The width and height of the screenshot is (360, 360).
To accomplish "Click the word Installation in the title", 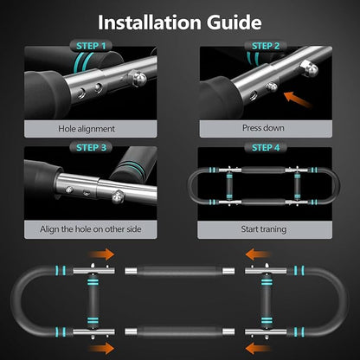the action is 150,22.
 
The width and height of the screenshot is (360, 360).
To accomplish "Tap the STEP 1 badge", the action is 91,46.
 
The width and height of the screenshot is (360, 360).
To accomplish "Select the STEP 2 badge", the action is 266,46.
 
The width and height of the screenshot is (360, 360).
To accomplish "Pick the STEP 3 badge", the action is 91,147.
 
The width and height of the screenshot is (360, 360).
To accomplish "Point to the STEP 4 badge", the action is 266,147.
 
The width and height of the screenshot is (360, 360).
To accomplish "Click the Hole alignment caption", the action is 87,129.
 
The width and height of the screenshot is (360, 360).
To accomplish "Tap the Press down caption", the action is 263,128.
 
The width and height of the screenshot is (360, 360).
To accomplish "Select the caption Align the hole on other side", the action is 91,229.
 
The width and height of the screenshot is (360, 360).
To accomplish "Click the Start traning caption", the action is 264,229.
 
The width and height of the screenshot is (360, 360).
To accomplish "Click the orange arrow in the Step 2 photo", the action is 297,100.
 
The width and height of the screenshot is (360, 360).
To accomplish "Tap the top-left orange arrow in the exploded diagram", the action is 101,254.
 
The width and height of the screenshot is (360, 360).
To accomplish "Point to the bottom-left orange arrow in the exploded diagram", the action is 101,348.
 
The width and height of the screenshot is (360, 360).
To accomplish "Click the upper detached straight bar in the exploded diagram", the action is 179,271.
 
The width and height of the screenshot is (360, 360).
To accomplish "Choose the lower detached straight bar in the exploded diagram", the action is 179,331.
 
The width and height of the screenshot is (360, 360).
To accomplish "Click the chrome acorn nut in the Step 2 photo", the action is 310,68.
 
